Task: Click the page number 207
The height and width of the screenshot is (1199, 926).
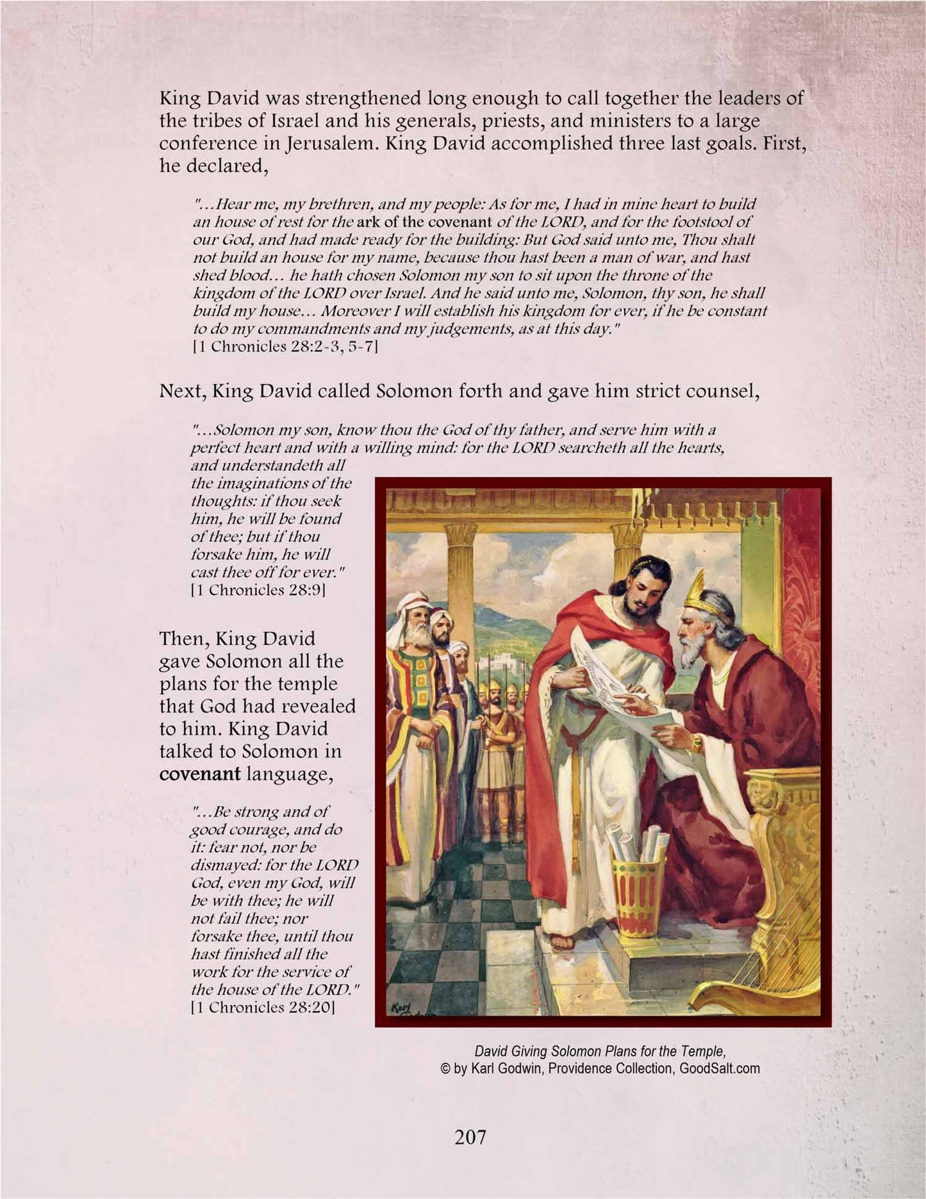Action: tap(470, 1137)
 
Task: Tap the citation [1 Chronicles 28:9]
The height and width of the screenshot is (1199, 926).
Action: tap(258, 590)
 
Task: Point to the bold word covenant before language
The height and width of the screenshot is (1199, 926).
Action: tap(199, 774)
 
